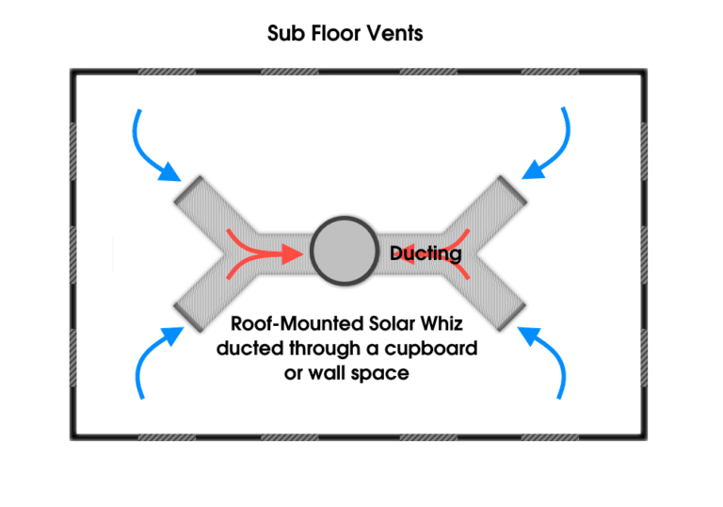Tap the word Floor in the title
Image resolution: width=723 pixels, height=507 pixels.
pos(334,35)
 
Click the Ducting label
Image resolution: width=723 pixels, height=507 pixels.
pos(426,253)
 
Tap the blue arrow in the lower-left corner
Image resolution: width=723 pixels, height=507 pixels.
pos(153,358)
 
